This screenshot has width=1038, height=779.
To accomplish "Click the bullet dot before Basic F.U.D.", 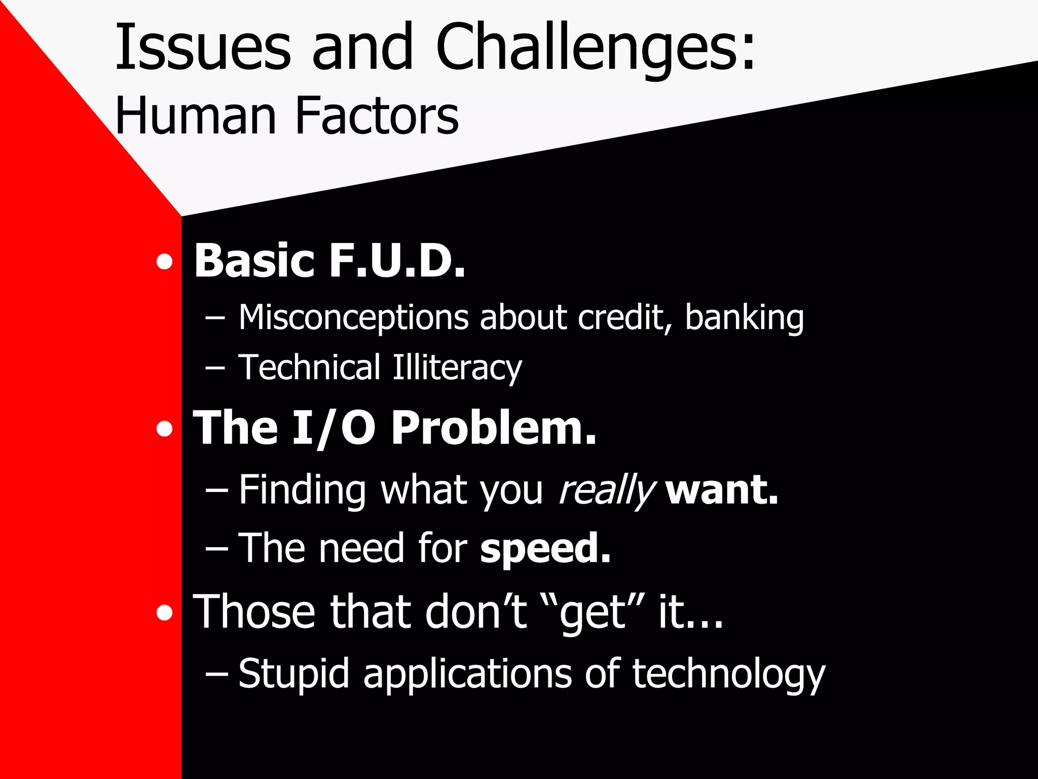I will pyautogui.click(x=164, y=263).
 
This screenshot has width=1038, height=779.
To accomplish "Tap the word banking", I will pyautogui.click(x=744, y=318).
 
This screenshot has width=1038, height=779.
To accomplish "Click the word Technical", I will pyautogui.click(x=309, y=368).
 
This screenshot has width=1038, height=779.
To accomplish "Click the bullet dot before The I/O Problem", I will pyautogui.click(x=164, y=430).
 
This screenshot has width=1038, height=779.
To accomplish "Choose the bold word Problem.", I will pyautogui.click(x=494, y=429).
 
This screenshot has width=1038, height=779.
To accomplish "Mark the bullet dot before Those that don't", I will pyautogui.click(x=164, y=614).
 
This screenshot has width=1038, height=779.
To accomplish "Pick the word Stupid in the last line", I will pyautogui.click(x=294, y=675).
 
